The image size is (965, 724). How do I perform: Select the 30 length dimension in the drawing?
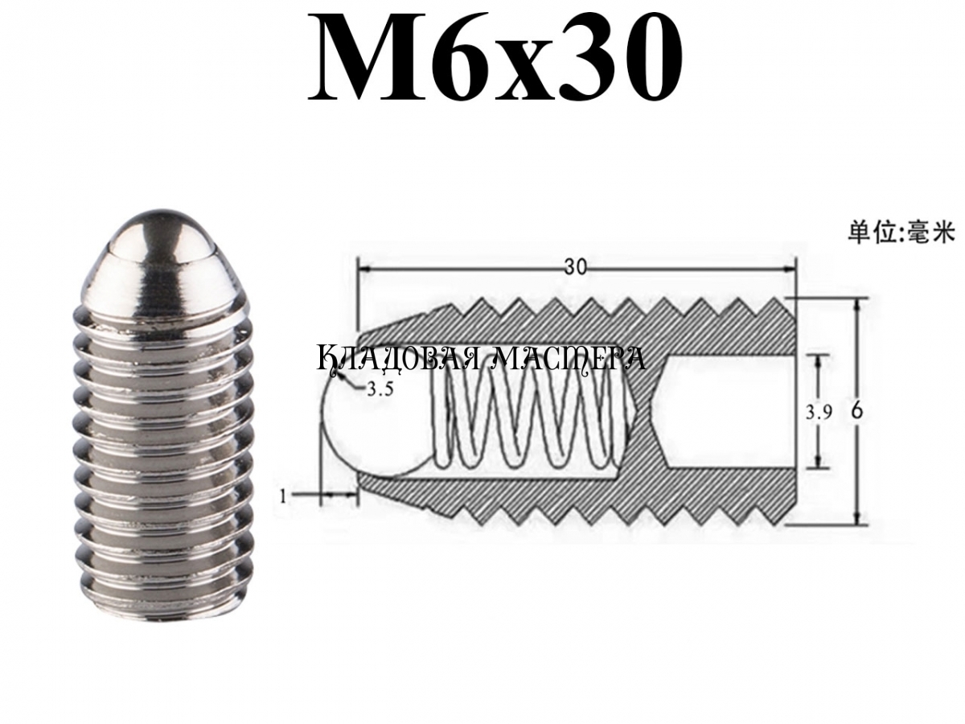click(576, 266)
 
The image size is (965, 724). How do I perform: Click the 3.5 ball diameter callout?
click(380, 389)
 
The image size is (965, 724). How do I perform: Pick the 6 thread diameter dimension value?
click(857, 412)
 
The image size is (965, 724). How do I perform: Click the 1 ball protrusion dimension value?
click(283, 496)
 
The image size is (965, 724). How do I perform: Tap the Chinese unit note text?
click(901, 232)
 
